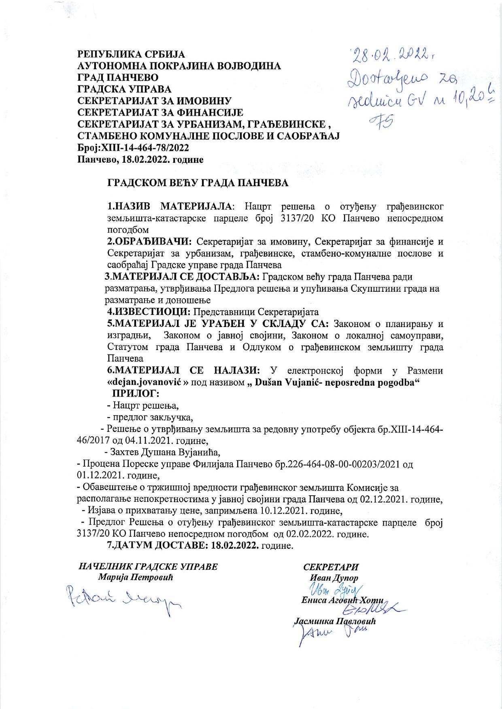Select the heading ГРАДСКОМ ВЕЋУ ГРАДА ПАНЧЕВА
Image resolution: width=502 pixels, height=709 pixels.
pos(198,183)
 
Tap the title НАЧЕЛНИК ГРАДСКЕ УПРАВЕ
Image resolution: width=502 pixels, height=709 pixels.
pos(148,567)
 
